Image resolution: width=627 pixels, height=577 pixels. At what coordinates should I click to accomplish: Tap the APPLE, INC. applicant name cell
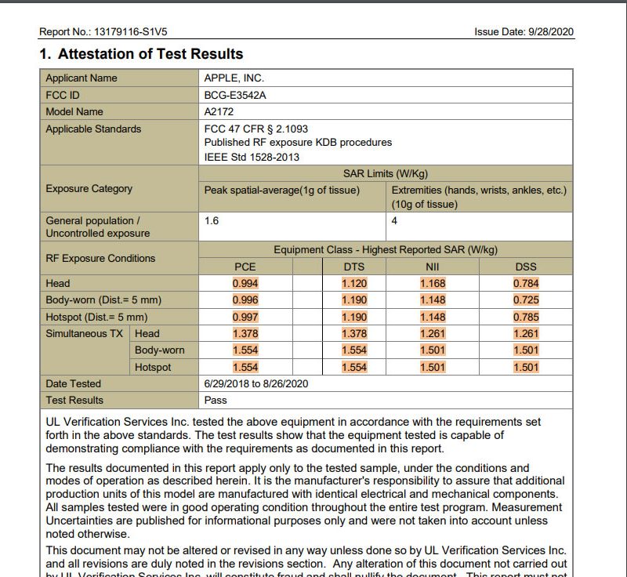(x=234, y=78)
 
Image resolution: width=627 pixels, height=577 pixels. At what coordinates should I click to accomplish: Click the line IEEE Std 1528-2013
(x=252, y=157)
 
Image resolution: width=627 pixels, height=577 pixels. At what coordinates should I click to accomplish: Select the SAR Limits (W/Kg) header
(x=386, y=174)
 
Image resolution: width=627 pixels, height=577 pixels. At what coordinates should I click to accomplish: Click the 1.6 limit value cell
(x=212, y=221)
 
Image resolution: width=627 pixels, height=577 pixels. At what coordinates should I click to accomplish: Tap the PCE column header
(x=245, y=267)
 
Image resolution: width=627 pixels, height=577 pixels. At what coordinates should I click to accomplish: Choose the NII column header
(x=433, y=267)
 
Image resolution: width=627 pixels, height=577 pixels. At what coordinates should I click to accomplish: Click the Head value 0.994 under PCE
(x=245, y=284)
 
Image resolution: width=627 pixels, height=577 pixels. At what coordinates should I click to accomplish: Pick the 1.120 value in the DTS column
(x=354, y=284)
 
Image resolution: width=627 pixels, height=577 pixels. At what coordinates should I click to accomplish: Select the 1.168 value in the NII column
(x=433, y=284)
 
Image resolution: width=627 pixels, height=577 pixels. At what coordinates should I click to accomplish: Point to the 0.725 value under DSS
(x=526, y=300)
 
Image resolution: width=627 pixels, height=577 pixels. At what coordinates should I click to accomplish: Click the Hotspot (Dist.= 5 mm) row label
(x=96, y=317)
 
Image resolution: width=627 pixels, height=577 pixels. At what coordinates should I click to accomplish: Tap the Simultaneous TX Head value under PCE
(x=245, y=334)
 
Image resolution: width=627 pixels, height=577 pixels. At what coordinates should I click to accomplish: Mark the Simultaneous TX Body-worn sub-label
(x=160, y=350)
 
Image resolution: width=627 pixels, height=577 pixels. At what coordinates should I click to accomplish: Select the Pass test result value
(x=216, y=400)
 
